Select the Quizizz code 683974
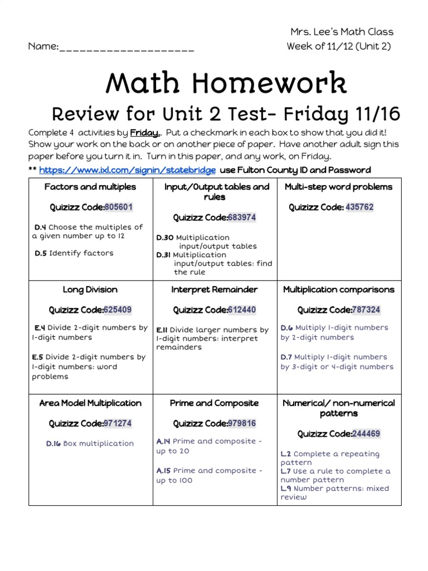242,217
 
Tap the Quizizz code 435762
359,207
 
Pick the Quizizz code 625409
118,309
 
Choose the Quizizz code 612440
242,309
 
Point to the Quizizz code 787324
366,309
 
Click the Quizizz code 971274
118,423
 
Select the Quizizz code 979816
242,423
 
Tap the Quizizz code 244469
366,434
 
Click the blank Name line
127,47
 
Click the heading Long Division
90,289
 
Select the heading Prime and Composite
215,403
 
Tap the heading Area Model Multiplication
90,403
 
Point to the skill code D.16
53,444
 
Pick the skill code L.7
286,471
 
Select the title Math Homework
226,83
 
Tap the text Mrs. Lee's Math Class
342,32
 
